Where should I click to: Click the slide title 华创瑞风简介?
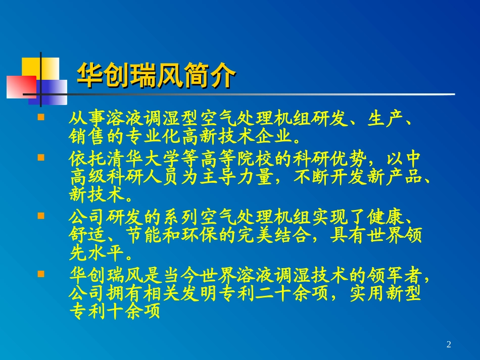coord(156,77)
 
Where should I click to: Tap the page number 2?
coord(449,345)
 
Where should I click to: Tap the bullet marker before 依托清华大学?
coord(41,157)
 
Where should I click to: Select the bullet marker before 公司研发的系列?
coord(41,215)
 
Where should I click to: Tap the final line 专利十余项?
coord(114,312)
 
